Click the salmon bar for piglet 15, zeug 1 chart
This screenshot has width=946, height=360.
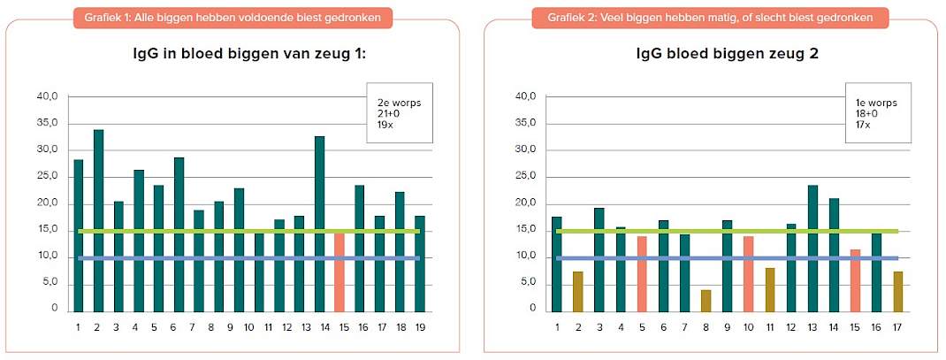[339, 272]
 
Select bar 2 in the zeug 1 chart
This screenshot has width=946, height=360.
[98, 220]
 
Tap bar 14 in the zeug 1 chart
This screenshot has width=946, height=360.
[319, 224]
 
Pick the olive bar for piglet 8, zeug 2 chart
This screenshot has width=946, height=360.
[706, 301]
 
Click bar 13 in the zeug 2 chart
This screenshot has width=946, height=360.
[812, 249]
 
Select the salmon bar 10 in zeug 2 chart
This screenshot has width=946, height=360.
[748, 273]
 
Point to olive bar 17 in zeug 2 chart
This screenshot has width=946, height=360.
[897, 292]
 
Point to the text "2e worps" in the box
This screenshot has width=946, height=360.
[395, 103]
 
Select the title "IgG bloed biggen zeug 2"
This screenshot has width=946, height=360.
[728, 54]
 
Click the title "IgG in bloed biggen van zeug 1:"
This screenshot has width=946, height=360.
[250, 54]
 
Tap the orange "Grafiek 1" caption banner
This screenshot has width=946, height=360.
[233, 18]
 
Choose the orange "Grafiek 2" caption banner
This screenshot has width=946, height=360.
[709, 18]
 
